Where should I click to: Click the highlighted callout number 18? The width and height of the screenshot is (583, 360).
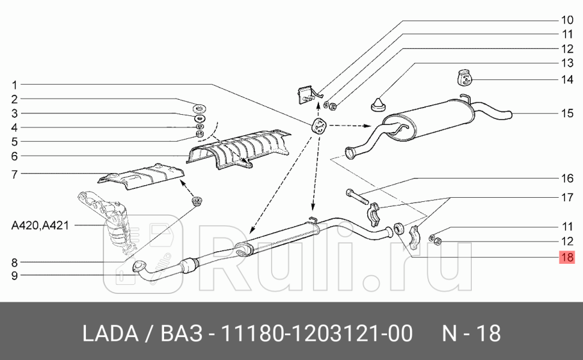567,257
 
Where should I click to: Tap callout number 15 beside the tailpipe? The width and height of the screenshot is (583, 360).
567,113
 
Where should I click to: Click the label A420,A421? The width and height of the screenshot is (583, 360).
40,225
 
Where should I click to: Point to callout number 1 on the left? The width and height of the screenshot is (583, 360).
14,84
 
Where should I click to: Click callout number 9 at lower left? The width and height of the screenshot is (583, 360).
14,276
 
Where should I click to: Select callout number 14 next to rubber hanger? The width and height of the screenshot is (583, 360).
567,79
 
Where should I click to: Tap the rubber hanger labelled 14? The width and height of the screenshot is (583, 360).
463,79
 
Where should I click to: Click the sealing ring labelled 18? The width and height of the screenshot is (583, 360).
398,229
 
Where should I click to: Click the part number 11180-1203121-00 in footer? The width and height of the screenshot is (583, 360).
317,334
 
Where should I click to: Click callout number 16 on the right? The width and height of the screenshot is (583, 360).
567,178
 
